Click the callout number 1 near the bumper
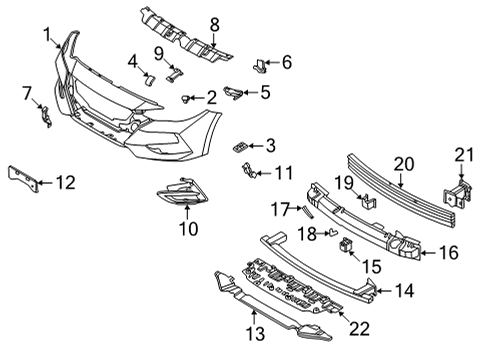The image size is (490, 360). (47, 36)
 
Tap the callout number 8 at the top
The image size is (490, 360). (213, 24)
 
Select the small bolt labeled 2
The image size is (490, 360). (187, 98)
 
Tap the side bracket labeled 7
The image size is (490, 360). (44, 116)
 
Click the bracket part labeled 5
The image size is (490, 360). (232, 93)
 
